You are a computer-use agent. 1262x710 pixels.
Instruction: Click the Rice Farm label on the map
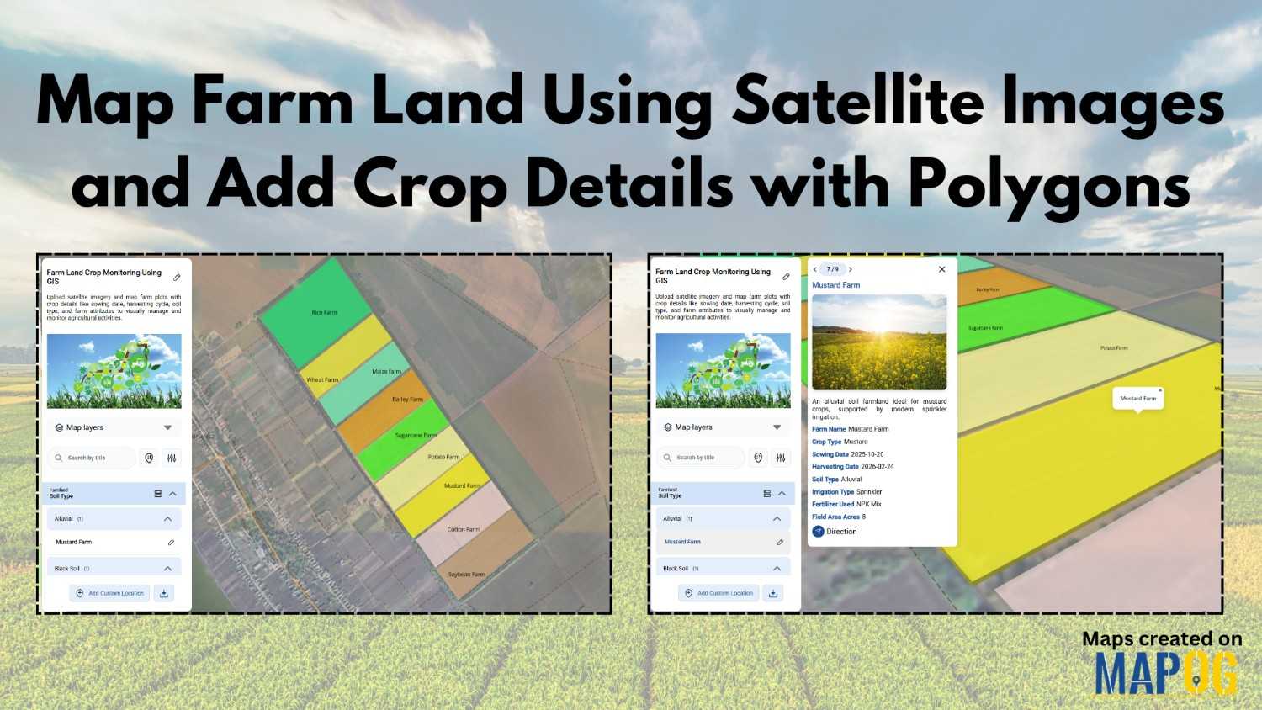[x=324, y=312]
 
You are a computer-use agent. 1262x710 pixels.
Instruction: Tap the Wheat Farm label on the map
[x=322, y=379]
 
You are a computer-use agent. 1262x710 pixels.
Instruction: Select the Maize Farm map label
[x=386, y=371]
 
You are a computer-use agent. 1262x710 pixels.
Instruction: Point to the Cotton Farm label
[x=463, y=529]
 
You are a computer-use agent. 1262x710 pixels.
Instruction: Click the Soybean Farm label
[x=466, y=575]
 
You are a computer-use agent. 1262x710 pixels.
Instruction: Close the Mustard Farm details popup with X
[x=941, y=269]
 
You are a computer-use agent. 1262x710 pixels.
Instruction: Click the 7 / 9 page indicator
[x=832, y=269]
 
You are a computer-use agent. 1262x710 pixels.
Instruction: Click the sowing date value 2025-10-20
[x=867, y=454]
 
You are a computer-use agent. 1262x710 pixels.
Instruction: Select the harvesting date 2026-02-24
[x=877, y=467]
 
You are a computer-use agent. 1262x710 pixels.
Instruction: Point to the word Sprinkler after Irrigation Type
[x=869, y=492]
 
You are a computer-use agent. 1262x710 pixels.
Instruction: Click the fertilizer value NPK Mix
[x=869, y=504]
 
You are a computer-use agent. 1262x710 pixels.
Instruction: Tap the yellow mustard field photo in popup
[x=879, y=342]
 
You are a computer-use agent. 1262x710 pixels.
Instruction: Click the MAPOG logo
[x=1166, y=673]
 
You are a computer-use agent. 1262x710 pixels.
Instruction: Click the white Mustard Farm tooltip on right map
[x=1137, y=398]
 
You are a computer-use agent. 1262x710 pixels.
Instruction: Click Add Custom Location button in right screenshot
[x=718, y=593]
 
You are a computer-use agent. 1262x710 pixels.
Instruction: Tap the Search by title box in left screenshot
[x=92, y=458]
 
